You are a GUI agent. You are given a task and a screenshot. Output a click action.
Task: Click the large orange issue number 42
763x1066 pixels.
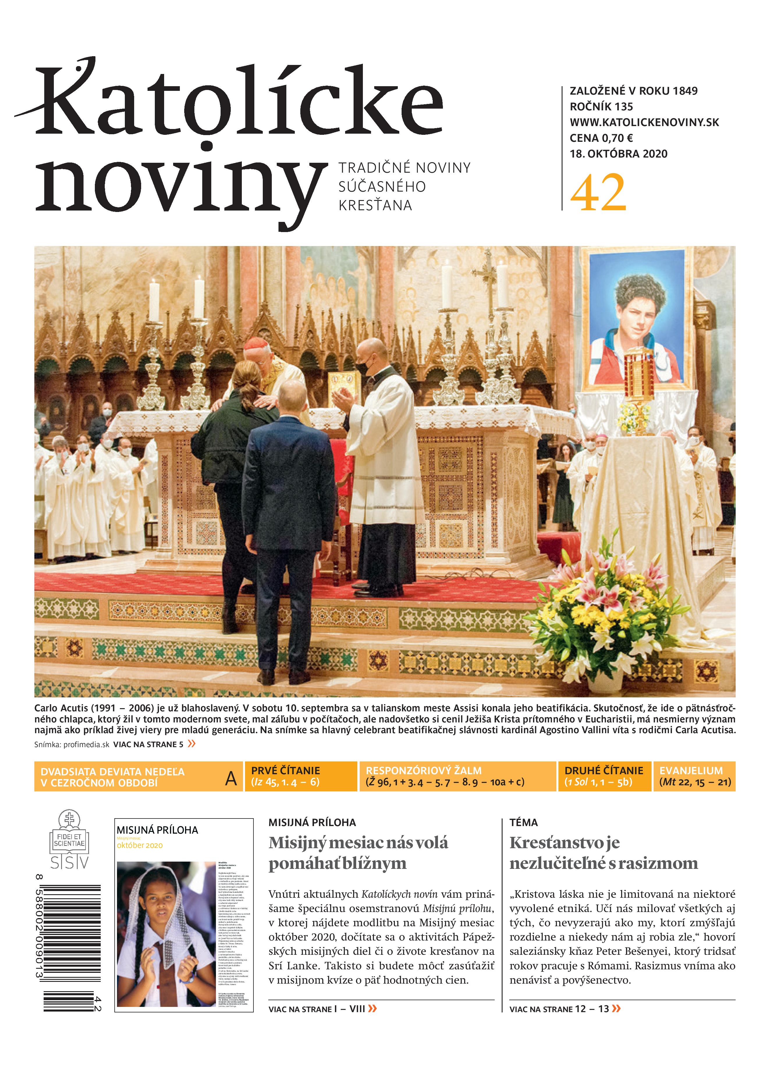598,193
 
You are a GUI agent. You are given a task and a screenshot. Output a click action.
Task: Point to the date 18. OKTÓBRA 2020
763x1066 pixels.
618,154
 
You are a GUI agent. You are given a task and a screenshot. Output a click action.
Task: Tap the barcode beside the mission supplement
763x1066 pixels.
70,945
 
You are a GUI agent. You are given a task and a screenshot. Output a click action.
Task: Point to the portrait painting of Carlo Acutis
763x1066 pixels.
635,320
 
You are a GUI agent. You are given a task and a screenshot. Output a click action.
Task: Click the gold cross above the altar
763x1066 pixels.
489,277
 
